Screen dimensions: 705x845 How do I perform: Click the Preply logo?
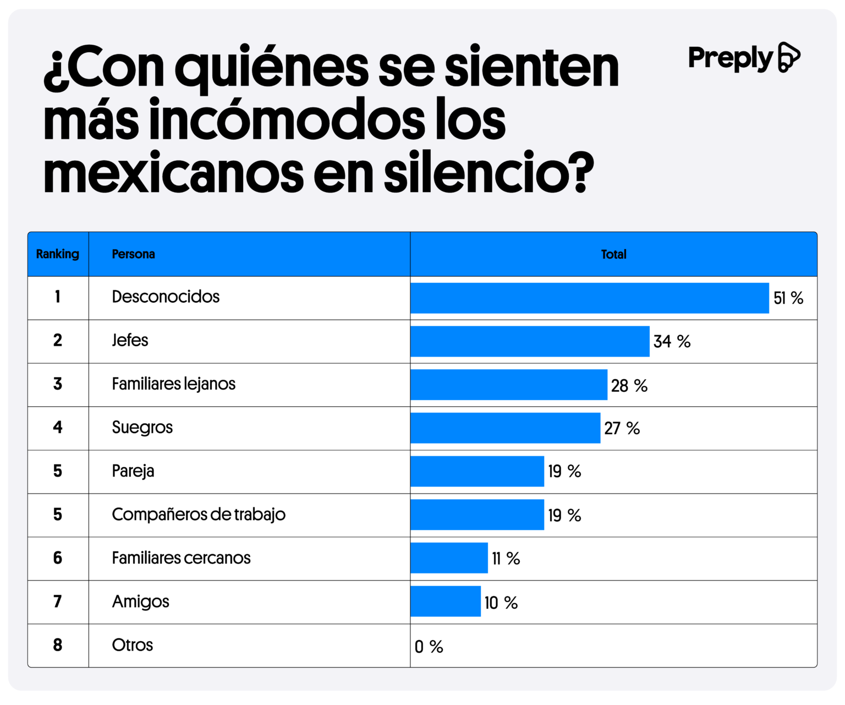744,57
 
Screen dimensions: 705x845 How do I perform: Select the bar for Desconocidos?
589,298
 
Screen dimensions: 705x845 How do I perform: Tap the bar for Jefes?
530,341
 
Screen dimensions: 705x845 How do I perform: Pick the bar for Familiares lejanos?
509,385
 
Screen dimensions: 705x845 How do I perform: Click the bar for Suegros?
505,428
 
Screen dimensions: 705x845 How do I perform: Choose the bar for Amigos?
446,602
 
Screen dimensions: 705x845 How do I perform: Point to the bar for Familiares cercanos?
449,558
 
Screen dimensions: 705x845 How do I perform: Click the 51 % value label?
788,298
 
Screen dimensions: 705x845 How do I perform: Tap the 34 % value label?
672,342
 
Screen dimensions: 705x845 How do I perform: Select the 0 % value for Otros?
429,647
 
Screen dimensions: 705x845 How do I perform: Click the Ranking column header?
58,254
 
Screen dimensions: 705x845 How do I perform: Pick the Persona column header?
133,254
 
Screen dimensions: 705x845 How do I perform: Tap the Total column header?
613,254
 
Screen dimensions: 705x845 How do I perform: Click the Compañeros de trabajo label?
199,515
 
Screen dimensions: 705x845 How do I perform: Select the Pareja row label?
133,471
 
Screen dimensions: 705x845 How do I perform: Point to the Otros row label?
133,645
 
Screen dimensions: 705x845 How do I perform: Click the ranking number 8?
58,645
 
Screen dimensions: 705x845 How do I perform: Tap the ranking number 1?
58,297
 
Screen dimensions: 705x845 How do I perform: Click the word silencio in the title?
489,172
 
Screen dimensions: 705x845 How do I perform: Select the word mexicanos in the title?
173,172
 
